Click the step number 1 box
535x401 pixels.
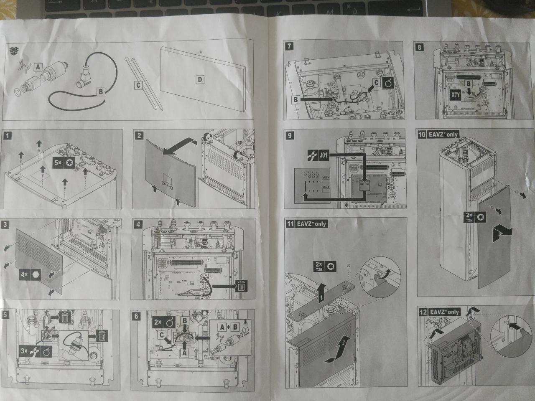click(7, 135)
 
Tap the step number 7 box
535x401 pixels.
click(288, 46)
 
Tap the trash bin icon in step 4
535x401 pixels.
click(241, 286)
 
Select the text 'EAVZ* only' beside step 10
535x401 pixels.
click(443, 135)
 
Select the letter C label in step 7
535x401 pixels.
click(376, 82)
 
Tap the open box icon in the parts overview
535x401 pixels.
click(14, 51)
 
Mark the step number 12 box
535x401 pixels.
click(423, 312)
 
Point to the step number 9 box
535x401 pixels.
click(288, 135)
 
